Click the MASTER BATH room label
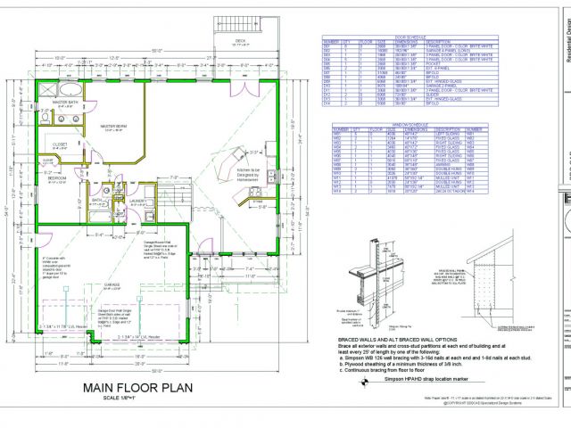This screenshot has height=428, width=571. tap(63, 103)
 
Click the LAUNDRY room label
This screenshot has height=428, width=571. tap(137, 201)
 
